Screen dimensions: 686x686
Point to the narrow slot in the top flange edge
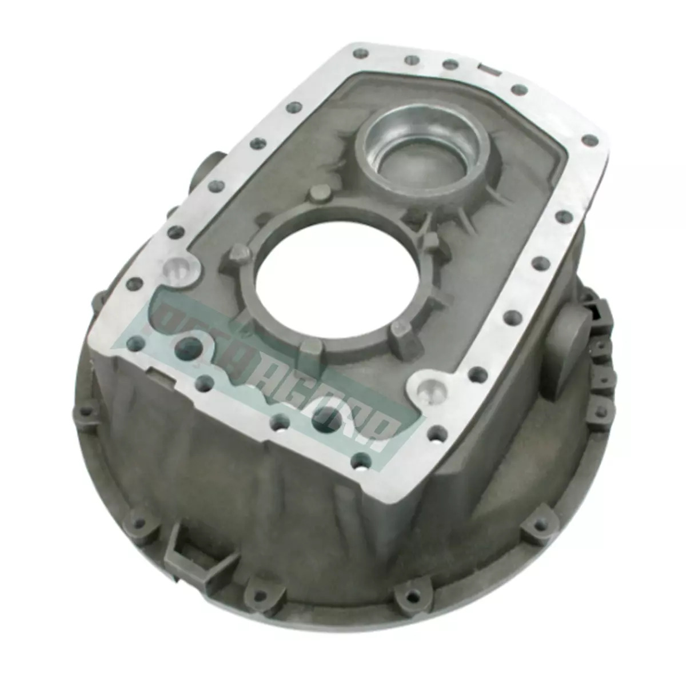tap(486, 70)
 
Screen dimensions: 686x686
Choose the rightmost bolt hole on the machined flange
tap(589, 139)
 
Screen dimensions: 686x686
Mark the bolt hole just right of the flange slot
tap(519, 90)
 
